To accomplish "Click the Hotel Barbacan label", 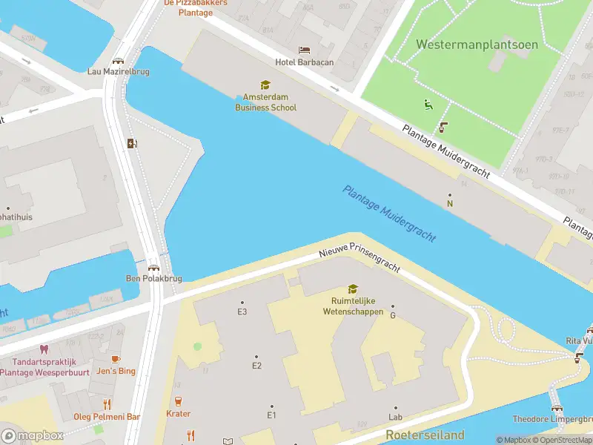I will [304, 62].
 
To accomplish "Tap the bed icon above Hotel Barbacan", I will [304, 50].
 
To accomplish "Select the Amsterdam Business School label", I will [265, 102].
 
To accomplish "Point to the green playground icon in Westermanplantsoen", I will [427, 105].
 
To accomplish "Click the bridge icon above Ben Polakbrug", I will [153, 268].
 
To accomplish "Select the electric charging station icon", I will [132, 143].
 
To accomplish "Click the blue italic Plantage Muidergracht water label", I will [388, 214].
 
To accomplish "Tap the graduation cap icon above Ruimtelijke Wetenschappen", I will [353, 289].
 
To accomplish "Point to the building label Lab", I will [395, 418].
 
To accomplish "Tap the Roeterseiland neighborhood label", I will [425, 435].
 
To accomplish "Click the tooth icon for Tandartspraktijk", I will [44, 349].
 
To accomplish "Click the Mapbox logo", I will [33, 436].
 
